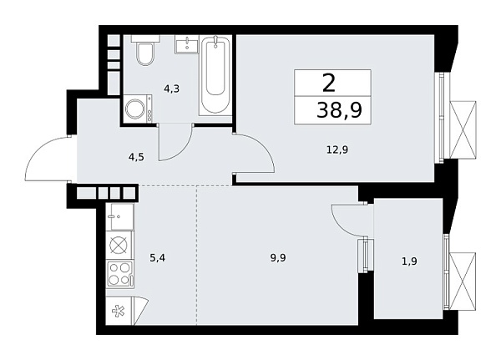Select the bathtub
215,78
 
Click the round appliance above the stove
118,245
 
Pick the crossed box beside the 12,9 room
463,129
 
